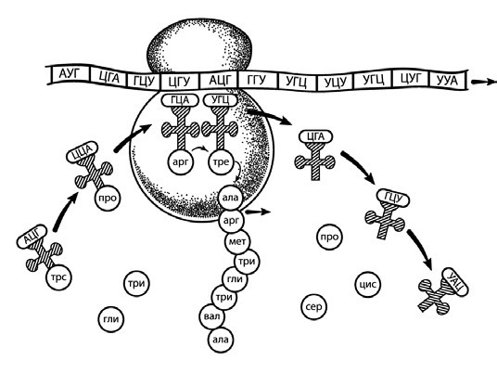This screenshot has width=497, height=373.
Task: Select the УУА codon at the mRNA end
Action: point(447,80)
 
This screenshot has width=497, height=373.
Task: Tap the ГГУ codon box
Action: point(257,80)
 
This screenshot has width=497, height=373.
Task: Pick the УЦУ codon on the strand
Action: point(336,83)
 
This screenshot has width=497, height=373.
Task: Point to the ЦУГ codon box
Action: point(411,78)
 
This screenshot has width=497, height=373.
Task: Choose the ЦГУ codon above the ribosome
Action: point(180,82)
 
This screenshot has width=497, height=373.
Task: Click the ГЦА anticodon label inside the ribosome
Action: point(180,100)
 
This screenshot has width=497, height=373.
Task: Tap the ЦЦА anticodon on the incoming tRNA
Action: point(82,152)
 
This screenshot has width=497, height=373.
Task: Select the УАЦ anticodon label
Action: point(454,282)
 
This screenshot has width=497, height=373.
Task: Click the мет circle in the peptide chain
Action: point(237,241)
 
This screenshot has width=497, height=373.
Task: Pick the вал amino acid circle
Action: point(211,316)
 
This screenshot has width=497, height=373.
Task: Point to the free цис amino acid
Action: point(368,285)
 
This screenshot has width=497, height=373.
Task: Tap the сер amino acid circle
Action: point(313,307)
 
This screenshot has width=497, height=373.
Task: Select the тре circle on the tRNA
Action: point(221,162)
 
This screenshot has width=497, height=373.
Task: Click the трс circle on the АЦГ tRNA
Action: point(59,277)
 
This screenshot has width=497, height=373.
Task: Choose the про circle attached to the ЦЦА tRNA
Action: point(108,199)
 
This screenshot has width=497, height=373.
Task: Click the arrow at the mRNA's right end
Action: point(484,82)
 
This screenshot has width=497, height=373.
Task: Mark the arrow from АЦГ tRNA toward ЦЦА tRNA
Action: point(65,211)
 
